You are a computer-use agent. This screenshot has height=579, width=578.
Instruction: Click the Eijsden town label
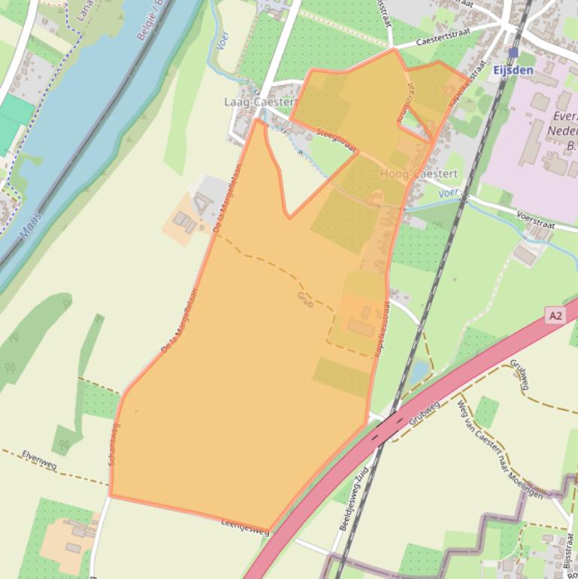[x=513, y=70]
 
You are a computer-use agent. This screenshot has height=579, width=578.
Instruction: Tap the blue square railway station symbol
[x=513, y=53]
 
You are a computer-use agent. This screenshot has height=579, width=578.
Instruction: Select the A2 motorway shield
[x=555, y=316]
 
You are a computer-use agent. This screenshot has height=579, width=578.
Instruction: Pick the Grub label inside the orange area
[x=304, y=299]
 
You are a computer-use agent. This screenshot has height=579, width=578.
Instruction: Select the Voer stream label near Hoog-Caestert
[x=449, y=192]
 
